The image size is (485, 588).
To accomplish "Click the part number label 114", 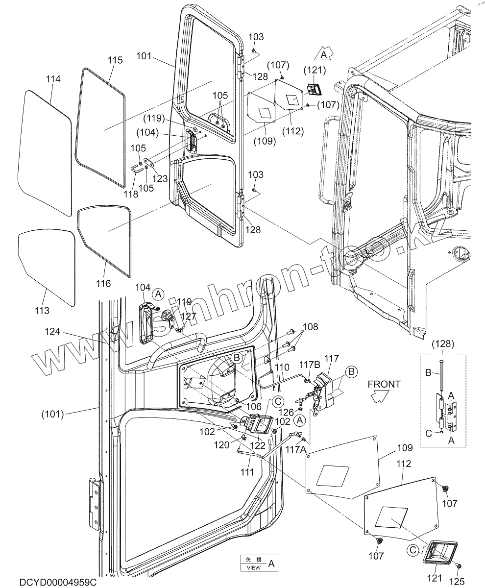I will (53, 79).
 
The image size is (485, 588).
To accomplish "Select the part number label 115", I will (115, 60).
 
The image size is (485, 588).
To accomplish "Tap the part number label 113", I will (42, 310).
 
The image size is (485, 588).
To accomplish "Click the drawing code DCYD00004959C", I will (58, 582).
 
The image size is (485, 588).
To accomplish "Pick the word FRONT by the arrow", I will (384, 384).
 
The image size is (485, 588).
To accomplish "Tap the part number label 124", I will (53, 332).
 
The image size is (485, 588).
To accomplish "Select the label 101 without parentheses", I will (144, 56).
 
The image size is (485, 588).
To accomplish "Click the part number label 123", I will (160, 179).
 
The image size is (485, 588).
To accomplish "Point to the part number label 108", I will (310, 327).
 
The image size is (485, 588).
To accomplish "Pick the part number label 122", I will (258, 445).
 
